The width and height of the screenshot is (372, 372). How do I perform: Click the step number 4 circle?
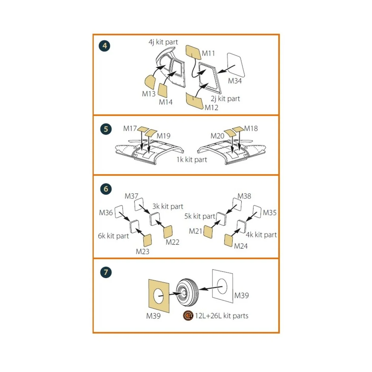click(104, 46)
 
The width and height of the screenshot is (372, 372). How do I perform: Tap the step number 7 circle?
click(106, 272)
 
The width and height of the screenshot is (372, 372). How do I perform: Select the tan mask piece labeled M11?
click(193, 52)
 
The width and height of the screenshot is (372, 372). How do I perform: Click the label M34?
click(235, 81)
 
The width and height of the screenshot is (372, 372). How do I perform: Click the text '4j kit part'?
click(163, 42)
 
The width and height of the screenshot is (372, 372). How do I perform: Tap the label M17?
click(130, 128)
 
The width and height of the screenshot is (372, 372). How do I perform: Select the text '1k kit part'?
click(192, 160)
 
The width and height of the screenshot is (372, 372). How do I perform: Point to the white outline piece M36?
click(119, 212)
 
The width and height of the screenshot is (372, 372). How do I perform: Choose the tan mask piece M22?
click(168, 232)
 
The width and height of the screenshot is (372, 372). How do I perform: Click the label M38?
click(244, 196)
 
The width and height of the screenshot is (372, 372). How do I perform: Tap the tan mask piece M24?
click(228, 240)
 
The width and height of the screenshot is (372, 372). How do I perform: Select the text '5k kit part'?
click(200, 216)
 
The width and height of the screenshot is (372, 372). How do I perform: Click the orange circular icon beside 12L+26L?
click(188, 316)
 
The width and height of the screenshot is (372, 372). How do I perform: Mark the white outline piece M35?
click(257, 212)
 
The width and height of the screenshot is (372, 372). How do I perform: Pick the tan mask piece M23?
click(147, 240)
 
